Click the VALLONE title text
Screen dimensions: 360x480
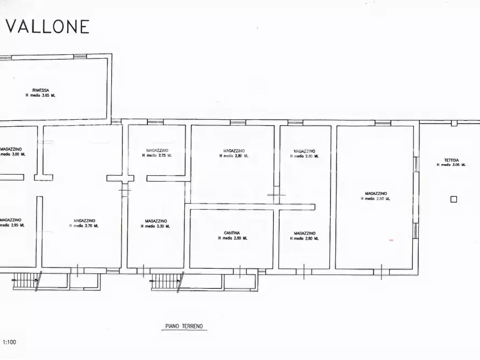coord(47,26)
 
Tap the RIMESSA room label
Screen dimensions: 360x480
coord(40,90)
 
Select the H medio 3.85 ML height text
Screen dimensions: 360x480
coord(40,95)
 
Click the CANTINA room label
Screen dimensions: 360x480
coord(232,233)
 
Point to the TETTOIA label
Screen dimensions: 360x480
coord(452,160)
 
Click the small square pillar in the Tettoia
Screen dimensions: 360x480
coord(454,199)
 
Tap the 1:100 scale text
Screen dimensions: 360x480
coord(9,342)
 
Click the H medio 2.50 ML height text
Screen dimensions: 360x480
coord(376,199)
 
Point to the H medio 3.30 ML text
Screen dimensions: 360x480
coord(155,226)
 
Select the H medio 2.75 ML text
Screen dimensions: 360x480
coord(157,155)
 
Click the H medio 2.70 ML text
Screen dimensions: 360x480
coord(84,226)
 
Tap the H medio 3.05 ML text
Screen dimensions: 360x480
coord(452,165)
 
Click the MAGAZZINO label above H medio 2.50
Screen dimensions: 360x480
coord(376,193)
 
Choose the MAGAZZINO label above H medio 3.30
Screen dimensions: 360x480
coord(155,221)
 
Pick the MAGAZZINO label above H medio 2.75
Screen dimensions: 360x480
coord(157,150)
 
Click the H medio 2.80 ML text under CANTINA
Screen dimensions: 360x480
coord(232,238)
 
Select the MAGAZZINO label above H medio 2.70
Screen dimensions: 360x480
coord(84,220)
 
